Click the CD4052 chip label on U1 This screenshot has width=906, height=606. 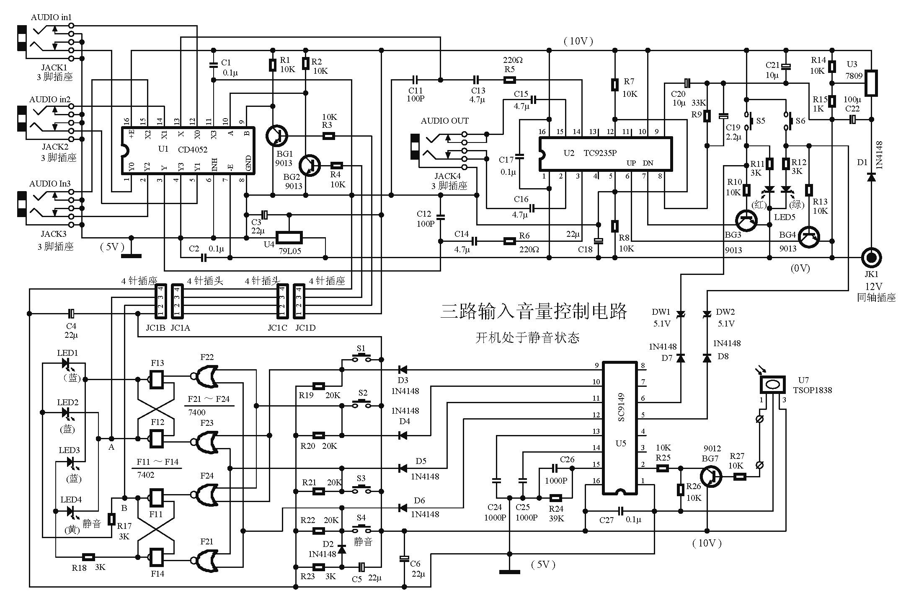(x=192, y=150)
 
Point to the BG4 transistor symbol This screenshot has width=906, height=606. (x=808, y=238)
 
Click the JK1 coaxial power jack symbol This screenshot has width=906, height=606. (x=871, y=257)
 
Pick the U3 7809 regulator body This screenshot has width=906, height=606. (x=871, y=83)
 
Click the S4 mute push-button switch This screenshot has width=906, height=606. (x=361, y=528)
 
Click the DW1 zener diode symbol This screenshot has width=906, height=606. (x=681, y=314)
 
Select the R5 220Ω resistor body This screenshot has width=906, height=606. (x=509, y=80)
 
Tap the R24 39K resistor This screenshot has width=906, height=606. (x=555, y=498)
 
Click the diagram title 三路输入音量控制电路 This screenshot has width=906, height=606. (x=534, y=311)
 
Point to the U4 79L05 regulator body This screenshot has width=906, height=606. (x=289, y=238)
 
